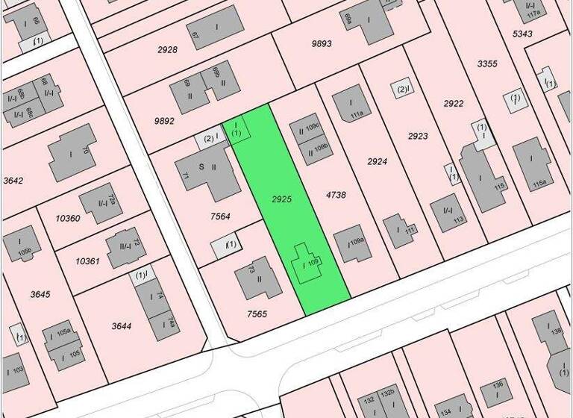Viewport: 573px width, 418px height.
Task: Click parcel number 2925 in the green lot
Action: tap(281, 199)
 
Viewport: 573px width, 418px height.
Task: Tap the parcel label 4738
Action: tap(336, 195)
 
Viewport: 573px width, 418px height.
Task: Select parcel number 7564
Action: tap(220, 216)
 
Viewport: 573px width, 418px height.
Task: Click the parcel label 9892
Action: tap(164, 121)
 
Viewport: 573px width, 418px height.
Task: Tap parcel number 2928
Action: tap(167, 49)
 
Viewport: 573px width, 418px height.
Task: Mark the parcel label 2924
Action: tap(378, 161)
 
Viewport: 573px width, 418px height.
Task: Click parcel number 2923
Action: tap(418, 136)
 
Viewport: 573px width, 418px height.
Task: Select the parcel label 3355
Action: tap(487, 64)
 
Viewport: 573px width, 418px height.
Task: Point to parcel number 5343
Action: tap(522, 34)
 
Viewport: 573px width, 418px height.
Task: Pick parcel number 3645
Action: tap(40, 294)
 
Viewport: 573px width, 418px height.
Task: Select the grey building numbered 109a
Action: tap(353, 244)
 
